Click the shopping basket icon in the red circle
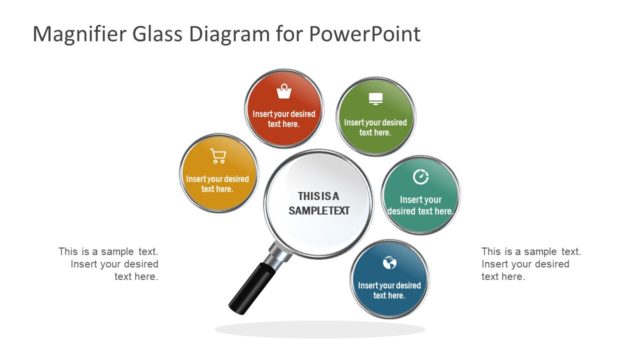284,92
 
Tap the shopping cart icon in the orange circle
218,156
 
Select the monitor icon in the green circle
375,99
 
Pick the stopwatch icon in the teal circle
421,177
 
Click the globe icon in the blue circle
390,263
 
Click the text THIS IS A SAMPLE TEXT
318,203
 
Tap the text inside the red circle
284,119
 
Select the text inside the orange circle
217,184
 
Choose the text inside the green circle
375,127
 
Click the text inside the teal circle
420,205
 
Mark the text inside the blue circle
389,290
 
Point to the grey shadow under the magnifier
319,329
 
